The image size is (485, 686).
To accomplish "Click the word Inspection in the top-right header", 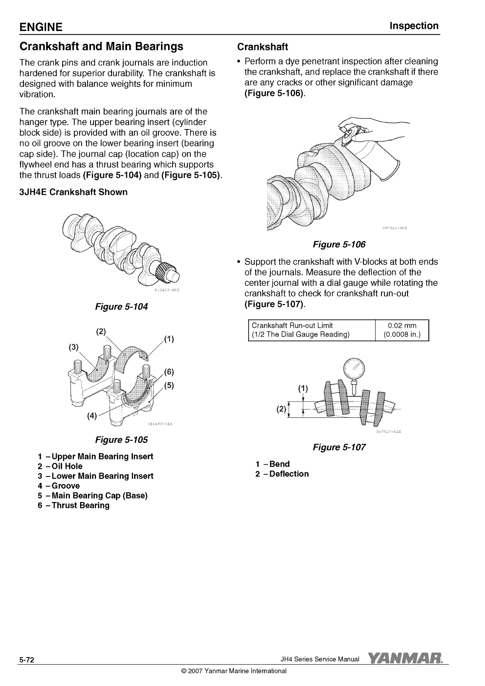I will [414, 26].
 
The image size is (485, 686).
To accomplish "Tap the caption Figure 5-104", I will [122, 307].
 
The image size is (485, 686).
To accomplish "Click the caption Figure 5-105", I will [122, 440].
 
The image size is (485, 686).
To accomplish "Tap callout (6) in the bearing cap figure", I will [169, 372].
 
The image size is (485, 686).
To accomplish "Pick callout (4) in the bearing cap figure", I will [92, 416].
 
